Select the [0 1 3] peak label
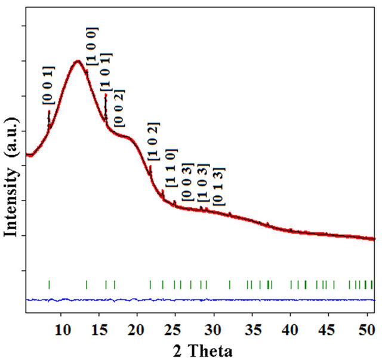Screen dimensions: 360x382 click(x=218, y=186)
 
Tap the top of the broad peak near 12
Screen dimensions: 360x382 click(x=77, y=61)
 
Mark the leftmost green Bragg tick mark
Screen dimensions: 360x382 click(x=49, y=285)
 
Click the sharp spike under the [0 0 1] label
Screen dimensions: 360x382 click(x=49, y=113)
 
